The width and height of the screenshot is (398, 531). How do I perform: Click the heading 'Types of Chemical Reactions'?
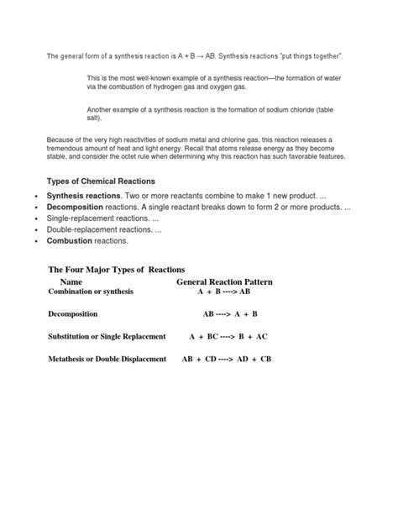pyautogui.click(x=101, y=181)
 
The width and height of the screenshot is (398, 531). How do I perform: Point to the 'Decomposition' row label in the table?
pyautogui.click(x=73, y=313)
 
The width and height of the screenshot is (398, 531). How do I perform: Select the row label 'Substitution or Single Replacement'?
pyautogui.click(x=106, y=336)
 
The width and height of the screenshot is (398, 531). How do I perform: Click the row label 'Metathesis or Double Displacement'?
pyautogui.click(x=105, y=359)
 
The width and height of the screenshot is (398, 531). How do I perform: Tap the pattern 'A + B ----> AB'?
pyautogui.click(x=224, y=292)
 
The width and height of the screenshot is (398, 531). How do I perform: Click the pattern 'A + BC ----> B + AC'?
pyautogui.click(x=228, y=336)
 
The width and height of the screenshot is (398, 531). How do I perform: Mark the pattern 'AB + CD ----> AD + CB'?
pyautogui.click(x=227, y=359)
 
